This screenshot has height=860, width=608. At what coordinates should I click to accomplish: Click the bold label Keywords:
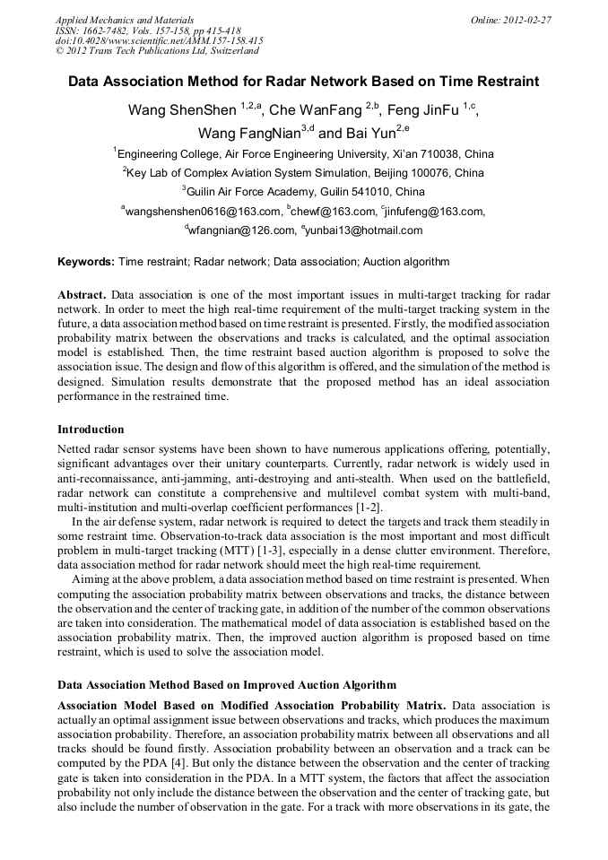(86, 262)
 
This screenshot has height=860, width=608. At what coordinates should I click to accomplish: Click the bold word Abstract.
(83, 295)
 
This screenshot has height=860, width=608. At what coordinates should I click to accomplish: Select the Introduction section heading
(91, 430)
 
